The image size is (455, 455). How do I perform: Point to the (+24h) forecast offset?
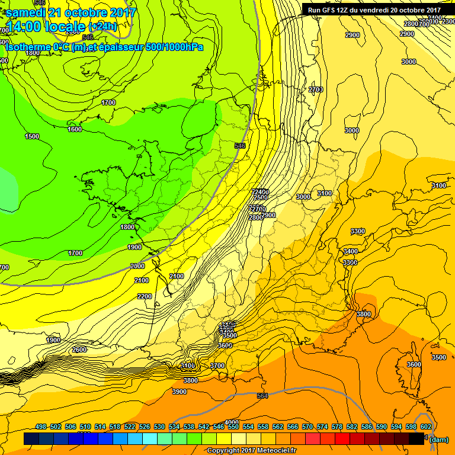pyautogui.click(x=103, y=27)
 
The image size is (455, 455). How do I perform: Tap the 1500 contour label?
pyautogui.click(x=32, y=136)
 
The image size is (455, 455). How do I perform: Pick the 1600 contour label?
pyautogui.click(x=75, y=129)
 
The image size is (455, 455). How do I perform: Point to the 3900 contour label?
pyautogui.click(x=180, y=392)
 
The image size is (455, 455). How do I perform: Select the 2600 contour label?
pyautogui.click(x=79, y=350)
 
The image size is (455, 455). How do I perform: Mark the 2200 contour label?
pyautogui.click(x=144, y=296)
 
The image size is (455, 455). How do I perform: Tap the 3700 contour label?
pyautogui.click(x=218, y=366)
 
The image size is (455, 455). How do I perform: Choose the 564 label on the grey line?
pyautogui.click(x=263, y=396)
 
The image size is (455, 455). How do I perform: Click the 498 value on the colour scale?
pyautogui.click(x=41, y=427)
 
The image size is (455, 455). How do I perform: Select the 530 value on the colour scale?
pyautogui.click(x=159, y=427)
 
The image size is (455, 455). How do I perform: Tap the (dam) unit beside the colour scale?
pyautogui.click(x=438, y=439)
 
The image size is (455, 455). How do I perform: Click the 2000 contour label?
pyautogui.click(x=137, y=266)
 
